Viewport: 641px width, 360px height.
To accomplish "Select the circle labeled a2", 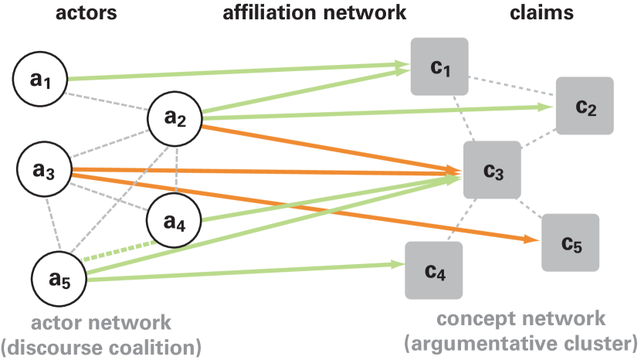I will tap(175, 118).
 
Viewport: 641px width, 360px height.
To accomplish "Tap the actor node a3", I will tap(45, 170).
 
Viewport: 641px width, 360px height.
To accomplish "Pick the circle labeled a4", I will tap(174, 220).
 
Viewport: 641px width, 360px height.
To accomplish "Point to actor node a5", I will tap(60, 279).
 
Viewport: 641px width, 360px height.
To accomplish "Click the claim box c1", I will tap(440, 67).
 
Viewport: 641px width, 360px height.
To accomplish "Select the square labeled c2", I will tap(585, 106).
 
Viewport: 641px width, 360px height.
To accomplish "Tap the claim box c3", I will tap(492, 171).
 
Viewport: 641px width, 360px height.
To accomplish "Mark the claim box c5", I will tap(570, 243).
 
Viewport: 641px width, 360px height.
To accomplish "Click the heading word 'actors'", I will tap(86, 12).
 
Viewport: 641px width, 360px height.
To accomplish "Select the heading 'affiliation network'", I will tap(314, 12).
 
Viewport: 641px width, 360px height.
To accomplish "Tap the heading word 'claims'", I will tap(541, 12).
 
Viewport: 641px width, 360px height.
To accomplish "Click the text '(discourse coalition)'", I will tap(101, 346).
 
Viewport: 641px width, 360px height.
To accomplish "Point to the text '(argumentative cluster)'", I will tap(521, 342).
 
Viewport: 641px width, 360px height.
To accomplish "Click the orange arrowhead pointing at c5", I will tap(532, 240).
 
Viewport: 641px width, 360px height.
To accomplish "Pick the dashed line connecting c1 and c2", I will tap(514, 87).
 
